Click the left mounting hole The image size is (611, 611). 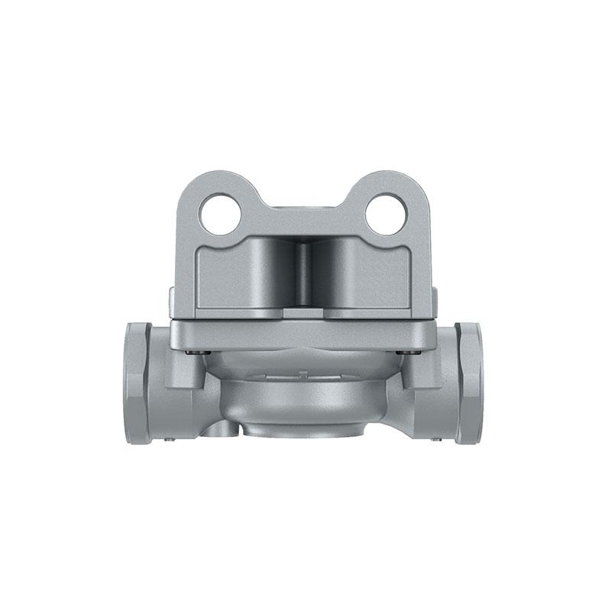click(x=221, y=214)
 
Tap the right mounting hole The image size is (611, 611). click(x=385, y=214)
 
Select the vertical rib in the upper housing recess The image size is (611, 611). click(x=303, y=273)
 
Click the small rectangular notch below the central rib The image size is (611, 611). click(x=303, y=311)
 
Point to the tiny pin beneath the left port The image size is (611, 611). click(x=170, y=438)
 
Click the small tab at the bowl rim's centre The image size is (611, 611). click(x=303, y=374)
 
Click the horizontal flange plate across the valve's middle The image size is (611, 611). click(x=303, y=334)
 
